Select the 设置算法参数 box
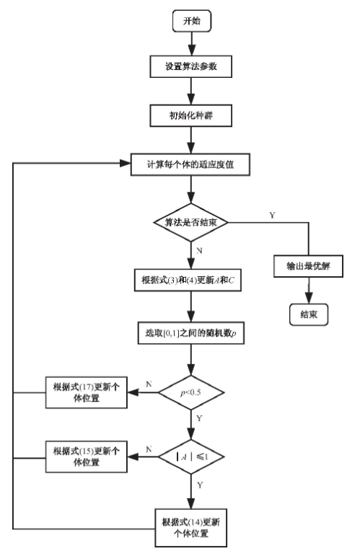click(x=191, y=66)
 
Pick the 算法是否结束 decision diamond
click(x=191, y=222)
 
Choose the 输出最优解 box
click(x=309, y=265)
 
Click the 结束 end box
click(x=309, y=313)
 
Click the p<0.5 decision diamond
click(x=191, y=394)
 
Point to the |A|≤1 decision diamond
click(x=191, y=457)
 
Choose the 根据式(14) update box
click(x=191, y=526)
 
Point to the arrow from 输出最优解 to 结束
click(x=309, y=290)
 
